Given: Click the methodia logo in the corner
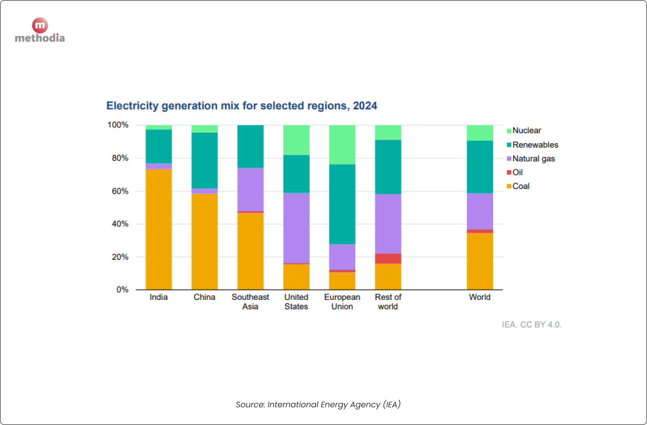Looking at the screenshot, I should tap(40, 31).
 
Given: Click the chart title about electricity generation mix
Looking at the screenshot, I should tap(242, 106).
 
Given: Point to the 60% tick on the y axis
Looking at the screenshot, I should tap(120, 191).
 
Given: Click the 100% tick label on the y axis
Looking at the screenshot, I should tap(118, 125).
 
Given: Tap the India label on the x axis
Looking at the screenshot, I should tap(158, 297).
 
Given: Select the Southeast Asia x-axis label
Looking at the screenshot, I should tap(250, 302).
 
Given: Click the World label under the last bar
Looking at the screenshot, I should tap(480, 297).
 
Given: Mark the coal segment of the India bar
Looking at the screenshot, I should tap(159, 229).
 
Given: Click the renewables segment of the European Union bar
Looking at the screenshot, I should tap(342, 204).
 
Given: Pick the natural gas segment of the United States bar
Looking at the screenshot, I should tap(296, 228).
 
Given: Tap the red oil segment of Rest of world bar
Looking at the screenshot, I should tap(388, 258).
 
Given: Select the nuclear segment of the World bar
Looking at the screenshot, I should tap(480, 133).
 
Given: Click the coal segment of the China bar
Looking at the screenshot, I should tap(204, 242).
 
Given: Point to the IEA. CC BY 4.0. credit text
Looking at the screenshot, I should tap(531, 324).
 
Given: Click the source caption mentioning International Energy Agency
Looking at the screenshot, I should tap(318, 404).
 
